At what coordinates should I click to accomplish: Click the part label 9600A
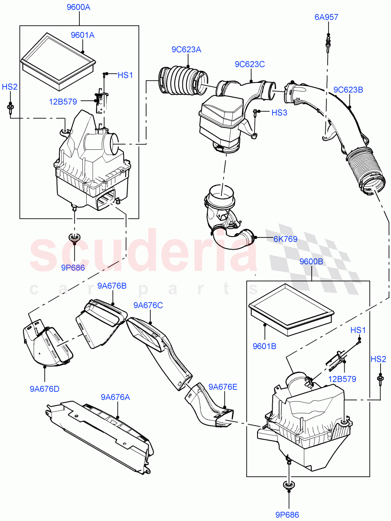pos(79,7)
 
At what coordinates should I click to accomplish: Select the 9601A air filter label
pos(82,35)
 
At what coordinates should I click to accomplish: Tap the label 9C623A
pos(186,49)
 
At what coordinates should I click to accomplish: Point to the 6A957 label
pos(326,17)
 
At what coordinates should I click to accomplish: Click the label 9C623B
pos(348,90)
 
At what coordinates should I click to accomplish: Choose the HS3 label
pos(279,112)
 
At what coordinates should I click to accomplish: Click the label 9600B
pos(311,261)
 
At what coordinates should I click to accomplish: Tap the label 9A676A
pos(116,397)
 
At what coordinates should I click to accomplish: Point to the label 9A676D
pos(44,389)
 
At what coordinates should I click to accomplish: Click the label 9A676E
pos(223,387)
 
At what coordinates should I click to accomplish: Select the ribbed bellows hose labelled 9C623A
pos(182,80)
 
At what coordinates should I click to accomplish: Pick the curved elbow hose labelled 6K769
pos(230,240)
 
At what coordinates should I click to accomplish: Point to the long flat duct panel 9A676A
pos(100,430)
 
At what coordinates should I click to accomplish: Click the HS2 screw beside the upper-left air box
pos(10,107)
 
